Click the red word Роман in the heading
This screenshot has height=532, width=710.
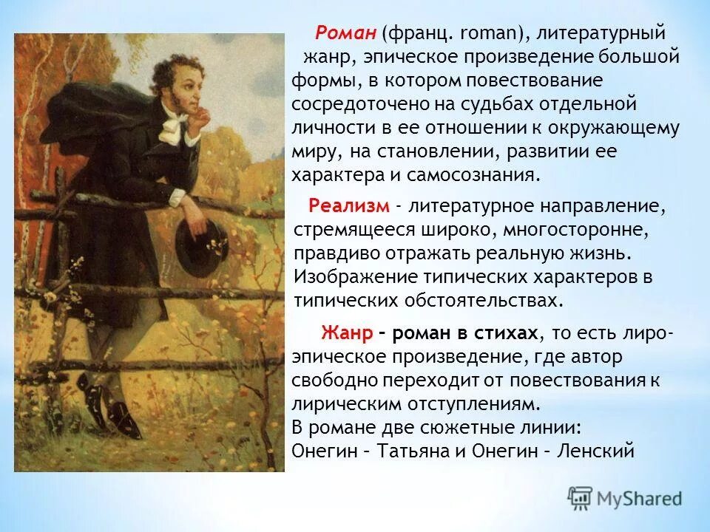coord(346,33)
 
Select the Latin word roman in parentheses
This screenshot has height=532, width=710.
coord(482,33)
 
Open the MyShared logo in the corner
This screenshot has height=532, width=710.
coord(624,497)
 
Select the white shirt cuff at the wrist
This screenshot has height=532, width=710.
coord(180,197)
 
